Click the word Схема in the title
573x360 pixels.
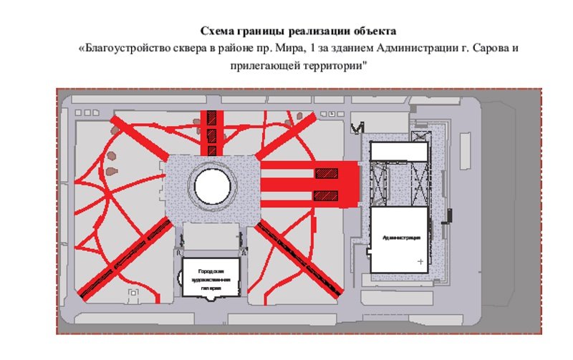click(x=216, y=32)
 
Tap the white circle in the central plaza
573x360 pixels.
click(x=213, y=187)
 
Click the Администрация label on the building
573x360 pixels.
click(x=401, y=237)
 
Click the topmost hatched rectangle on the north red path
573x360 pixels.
click(x=212, y=119)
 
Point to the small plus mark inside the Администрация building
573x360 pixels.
click(x=420, y=262)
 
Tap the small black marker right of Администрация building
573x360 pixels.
click(x=450, y=214)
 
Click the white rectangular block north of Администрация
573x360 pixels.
click(x=398, y=151)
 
